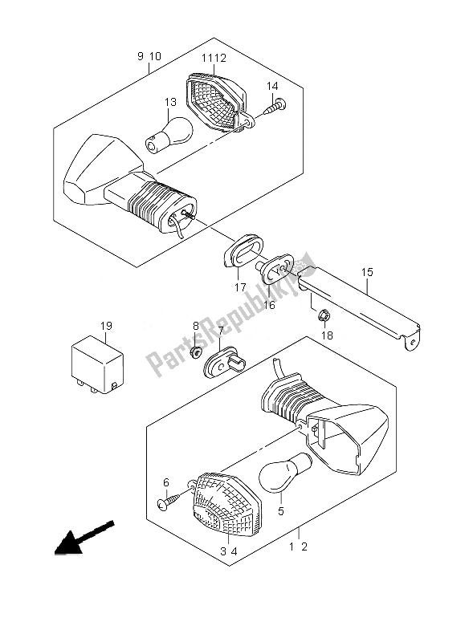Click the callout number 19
pos(106,327)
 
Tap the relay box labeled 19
pos(97,364)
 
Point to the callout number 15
pos(368,272)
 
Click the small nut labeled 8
pos(196,351)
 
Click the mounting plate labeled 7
pos(225,363)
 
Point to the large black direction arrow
pos(84,538)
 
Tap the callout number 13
pos(170,102)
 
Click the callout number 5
pos(280,511)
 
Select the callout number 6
pos(166,483)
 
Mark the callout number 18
pos(327,335)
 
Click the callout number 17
pos(240,287)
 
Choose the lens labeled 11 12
pos(217,102)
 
